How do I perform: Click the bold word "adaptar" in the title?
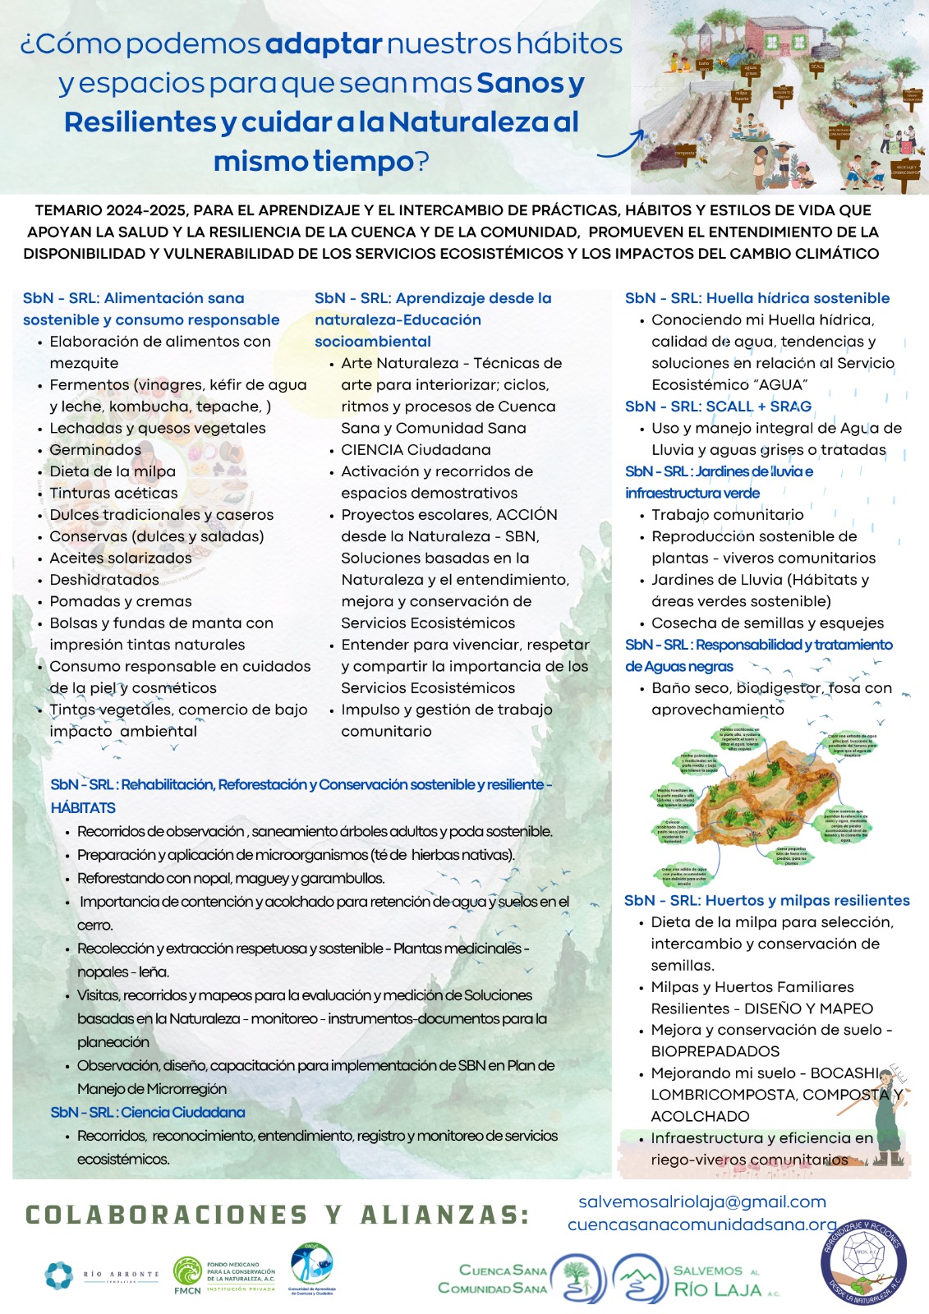[x=324, y=44]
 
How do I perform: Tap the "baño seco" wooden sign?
[x=704, y=64]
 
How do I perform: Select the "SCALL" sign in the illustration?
[x=816, y=67]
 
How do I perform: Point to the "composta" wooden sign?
[x=684, y=152]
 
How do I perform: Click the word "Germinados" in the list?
[x=95, y=450]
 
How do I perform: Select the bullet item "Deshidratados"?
[x=104, y=580]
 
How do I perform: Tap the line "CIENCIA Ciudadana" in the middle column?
[x=416, y=450]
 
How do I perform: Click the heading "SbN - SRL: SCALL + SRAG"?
[x=718, y=407]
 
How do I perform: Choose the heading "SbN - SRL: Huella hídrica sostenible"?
[x=757, y=298]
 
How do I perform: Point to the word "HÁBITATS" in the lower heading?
[x=83, y=808]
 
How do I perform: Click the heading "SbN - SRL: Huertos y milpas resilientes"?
[x=766, y=900]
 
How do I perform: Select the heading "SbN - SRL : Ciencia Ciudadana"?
[x=148, y=1113]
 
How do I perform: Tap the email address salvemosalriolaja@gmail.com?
[x=702, y=1202]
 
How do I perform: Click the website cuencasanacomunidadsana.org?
[x=701, y=1224]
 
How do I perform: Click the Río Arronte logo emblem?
[x=59, y=1275]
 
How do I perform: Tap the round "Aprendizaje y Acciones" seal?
[x=863, y=1261]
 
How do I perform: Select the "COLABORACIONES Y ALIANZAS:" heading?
[x=278, y=1215]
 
